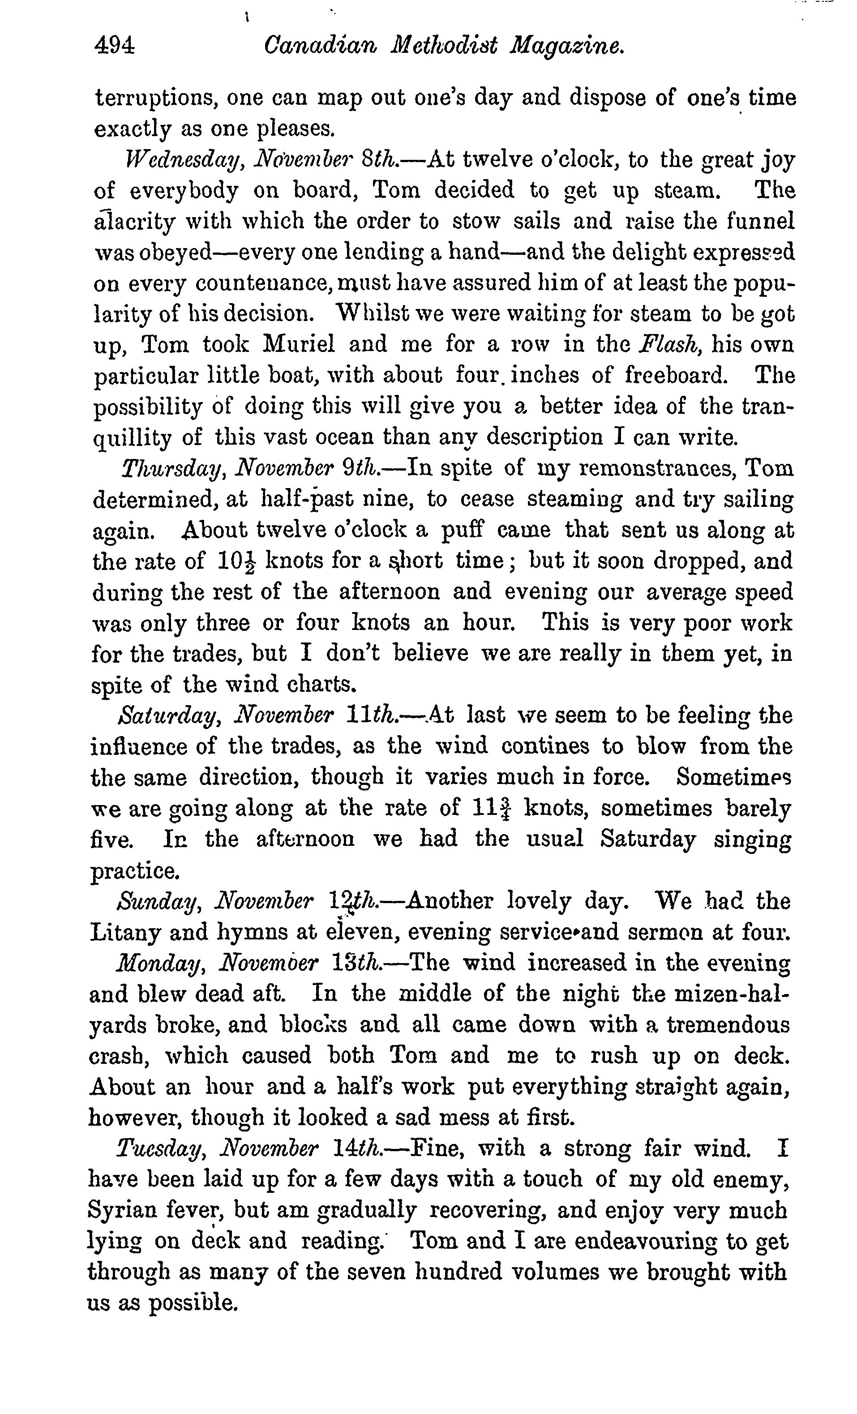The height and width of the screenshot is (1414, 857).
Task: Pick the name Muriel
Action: (299, 345)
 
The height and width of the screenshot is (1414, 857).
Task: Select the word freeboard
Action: (676, 376)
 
